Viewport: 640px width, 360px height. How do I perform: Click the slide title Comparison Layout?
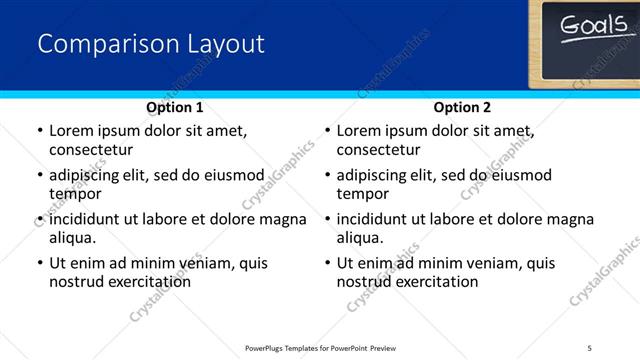tap(151, 44)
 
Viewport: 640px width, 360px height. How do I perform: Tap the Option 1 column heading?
tap(175, 107)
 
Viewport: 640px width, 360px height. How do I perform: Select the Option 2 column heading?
tap(462, 107)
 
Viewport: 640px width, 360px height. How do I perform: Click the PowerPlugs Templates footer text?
tap(319, 347)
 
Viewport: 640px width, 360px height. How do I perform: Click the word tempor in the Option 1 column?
tap(74, 194)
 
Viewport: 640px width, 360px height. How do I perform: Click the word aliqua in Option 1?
tap(72, 238)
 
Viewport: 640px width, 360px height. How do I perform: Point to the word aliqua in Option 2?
tap(360, 238)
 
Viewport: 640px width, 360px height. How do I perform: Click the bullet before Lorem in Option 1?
tap(39, 131)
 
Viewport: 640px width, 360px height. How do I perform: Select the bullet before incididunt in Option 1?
tap(39, 219)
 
